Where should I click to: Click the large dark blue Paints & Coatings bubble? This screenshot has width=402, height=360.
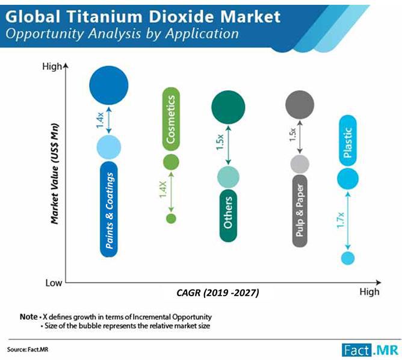point(109,85)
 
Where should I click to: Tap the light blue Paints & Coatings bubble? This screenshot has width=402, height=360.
point(109,146)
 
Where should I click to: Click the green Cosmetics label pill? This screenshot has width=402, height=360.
point(171,120)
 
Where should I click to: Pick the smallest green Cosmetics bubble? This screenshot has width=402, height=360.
point(171,218)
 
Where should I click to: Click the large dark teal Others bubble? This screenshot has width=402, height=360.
point(228,108)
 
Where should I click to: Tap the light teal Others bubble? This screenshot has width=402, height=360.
point(228,177)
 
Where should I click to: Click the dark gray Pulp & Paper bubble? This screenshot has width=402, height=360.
point(299,104)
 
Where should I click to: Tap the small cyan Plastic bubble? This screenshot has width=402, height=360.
point(347,258)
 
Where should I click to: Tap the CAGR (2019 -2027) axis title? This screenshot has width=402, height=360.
point(218,293)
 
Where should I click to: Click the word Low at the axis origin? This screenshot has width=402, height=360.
point(53,282)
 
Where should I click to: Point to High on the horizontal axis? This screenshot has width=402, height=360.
point(370,292)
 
